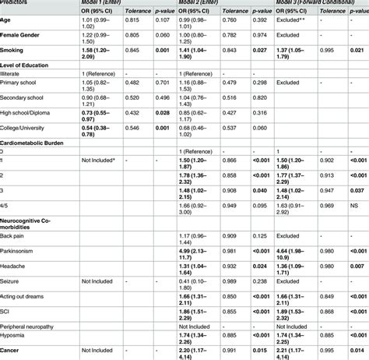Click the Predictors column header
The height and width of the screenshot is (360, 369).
click(x=19, y=2)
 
